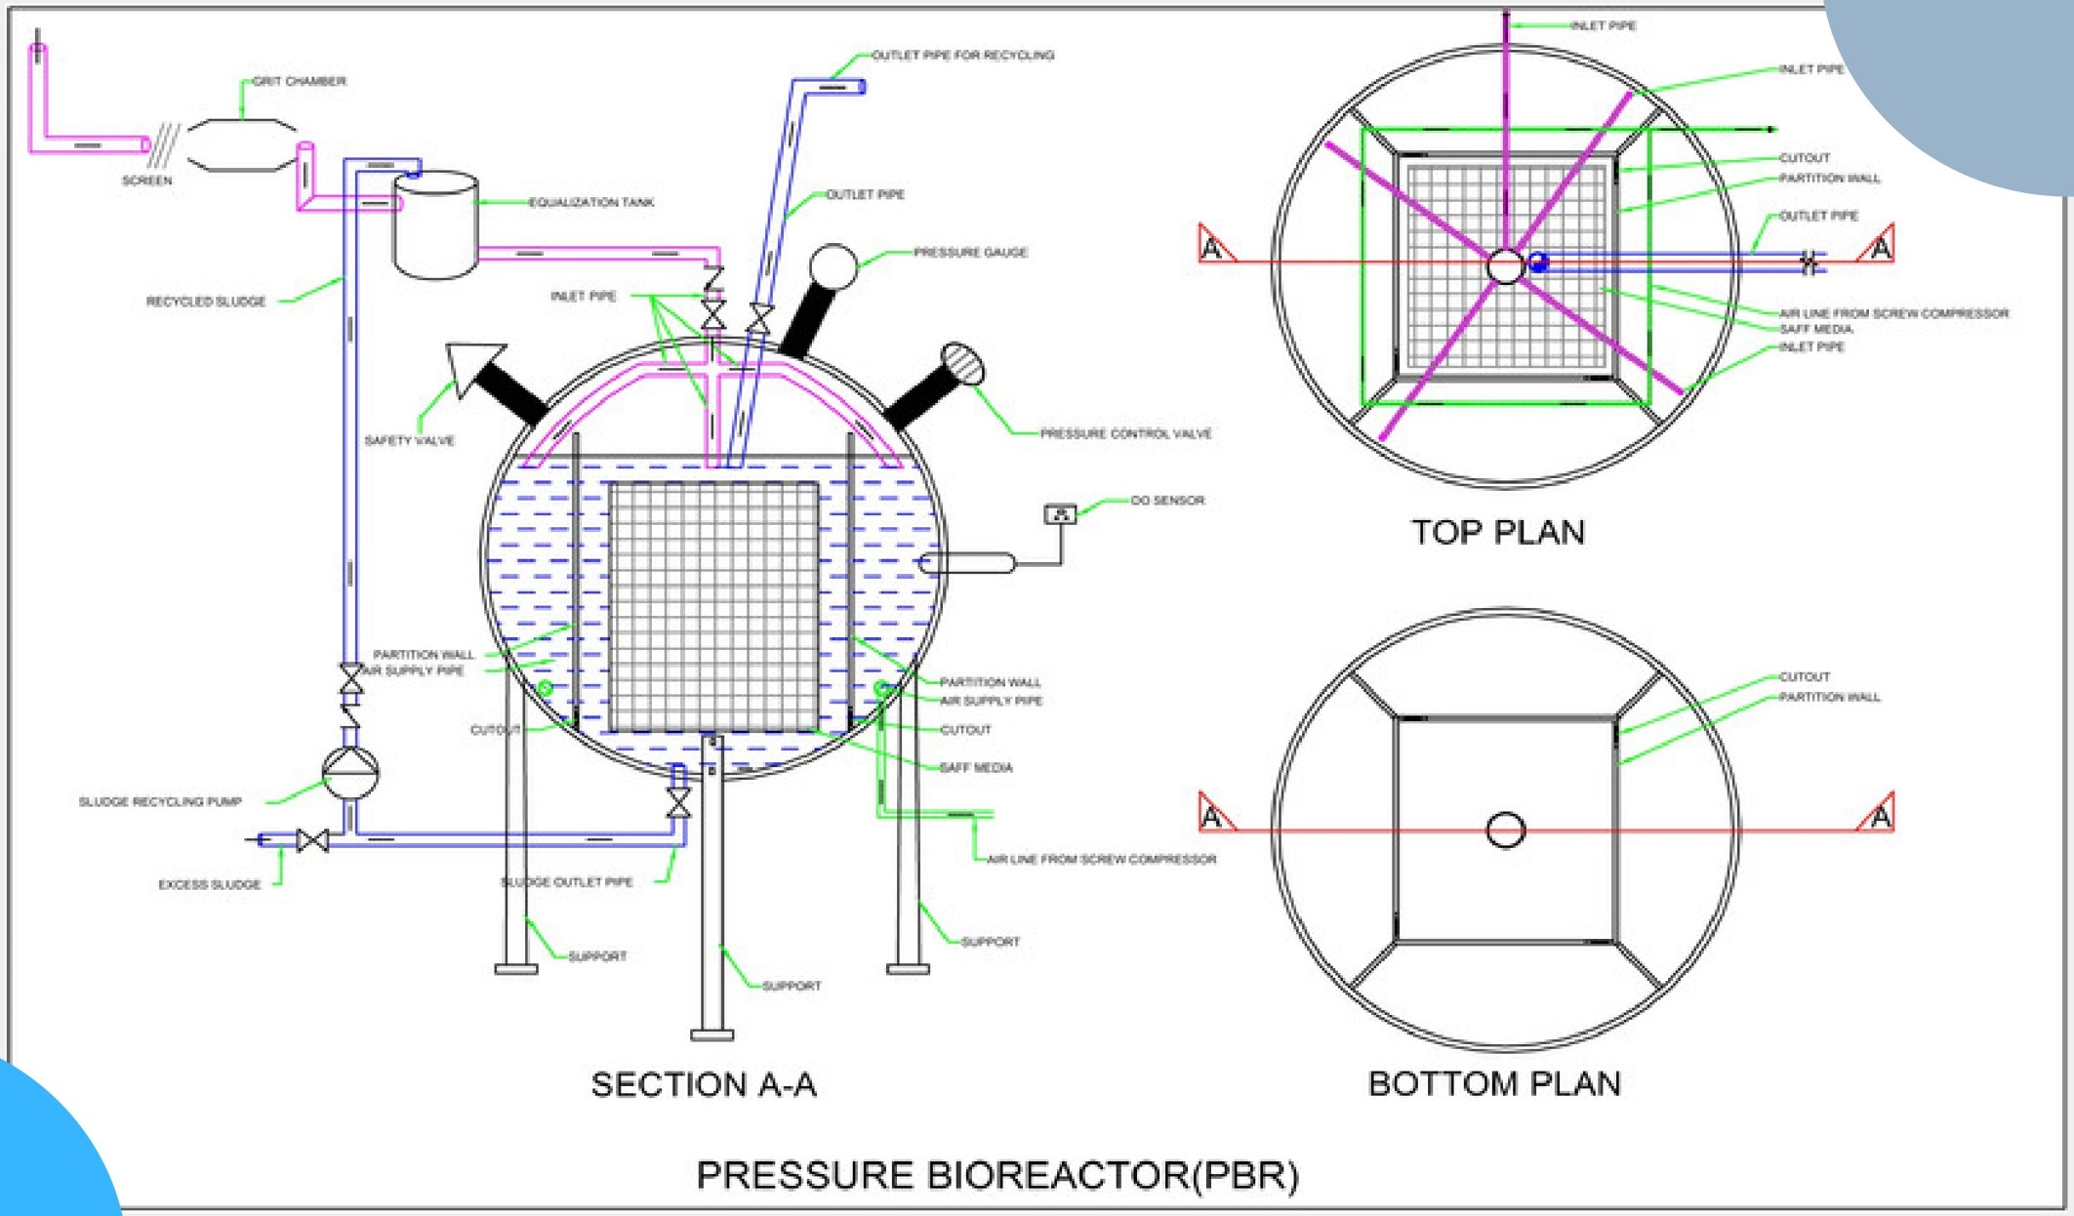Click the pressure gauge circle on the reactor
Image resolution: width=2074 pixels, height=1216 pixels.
click(x=833, y=265)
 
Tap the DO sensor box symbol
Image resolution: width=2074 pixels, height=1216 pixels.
click(x=1060, y=513)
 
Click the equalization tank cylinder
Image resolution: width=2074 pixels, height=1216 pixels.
click(x=435, y=224)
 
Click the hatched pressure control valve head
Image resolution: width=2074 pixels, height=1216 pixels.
click(x=962, y=365)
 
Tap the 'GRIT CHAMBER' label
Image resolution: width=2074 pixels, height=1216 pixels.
click(x=299, y=81)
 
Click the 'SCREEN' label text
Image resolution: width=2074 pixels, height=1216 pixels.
click(x=146, y=181)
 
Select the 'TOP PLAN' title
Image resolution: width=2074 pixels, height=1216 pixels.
click(x=1498, y=533)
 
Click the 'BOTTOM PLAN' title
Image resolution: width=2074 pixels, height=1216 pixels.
click(x=1494, y=1084)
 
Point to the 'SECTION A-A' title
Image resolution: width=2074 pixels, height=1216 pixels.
click(x=704, y=1085)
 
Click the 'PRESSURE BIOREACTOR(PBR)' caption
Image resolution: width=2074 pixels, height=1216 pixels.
click(x=997, y=1176)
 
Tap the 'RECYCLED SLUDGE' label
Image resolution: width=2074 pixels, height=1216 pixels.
click(x=206, y=302)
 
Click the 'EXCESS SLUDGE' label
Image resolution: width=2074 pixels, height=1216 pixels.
click(x=210, y=885)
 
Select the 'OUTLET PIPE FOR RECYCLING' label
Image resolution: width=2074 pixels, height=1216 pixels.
click(x=962, y=56)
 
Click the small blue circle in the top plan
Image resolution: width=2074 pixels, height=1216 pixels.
click(x=1538, y=262)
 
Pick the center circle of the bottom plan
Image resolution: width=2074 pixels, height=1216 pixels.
click(x=1505, y=831)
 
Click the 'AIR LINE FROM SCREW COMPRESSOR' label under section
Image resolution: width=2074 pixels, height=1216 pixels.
click(x=1101, y=860)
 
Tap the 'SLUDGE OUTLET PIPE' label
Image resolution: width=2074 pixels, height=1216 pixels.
click(x=567, y=882)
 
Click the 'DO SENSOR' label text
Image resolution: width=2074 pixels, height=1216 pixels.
click(x=1167, y=501)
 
